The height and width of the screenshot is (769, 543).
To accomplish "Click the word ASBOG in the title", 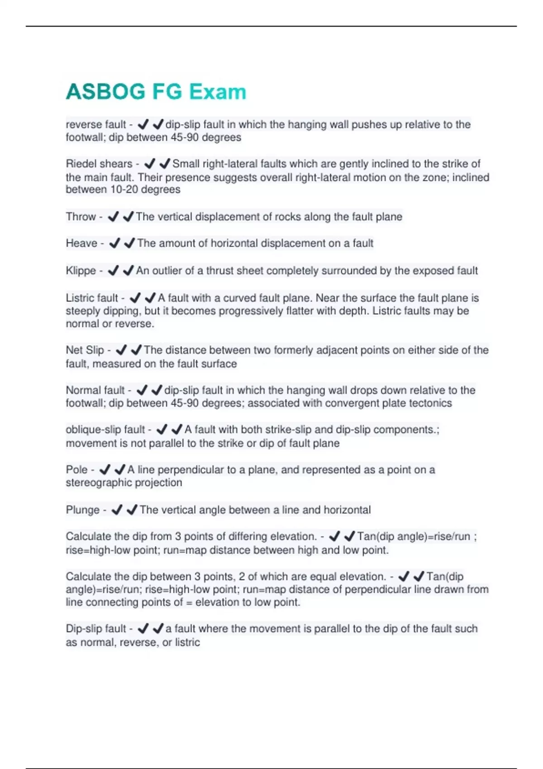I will coord(105,92).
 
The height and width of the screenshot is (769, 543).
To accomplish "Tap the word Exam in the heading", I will coord(218,92).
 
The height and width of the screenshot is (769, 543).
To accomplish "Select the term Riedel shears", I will coord(99,164).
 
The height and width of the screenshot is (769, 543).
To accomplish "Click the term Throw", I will coord(81,217).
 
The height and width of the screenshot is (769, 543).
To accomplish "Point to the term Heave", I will coord(81,243).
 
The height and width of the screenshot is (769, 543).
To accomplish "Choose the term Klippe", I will coord(81,271).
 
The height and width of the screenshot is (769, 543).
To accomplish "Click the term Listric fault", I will coord(92,298).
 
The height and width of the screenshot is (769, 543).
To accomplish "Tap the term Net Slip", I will coord(85,350).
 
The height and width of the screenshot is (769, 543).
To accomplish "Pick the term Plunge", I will coord(82,510).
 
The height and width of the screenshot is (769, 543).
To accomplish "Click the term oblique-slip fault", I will coord(105,430).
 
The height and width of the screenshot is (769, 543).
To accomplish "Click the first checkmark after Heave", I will coord(114,243).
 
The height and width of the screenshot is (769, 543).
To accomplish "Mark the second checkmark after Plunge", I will coord(132,510).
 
